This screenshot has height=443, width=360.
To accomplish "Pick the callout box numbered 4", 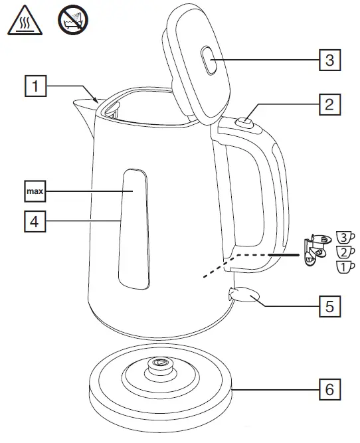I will [x=36, y=221].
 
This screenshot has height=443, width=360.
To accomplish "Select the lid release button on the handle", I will [x=244, y=120].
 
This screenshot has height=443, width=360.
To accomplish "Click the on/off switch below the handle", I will [x=242, y=294].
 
